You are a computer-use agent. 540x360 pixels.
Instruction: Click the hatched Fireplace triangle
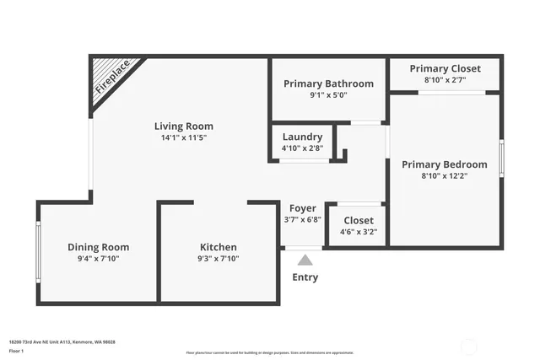(x=108, y=78)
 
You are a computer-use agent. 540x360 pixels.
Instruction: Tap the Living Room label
(x=183, y=126)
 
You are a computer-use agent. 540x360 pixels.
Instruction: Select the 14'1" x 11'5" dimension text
(x=183, y=138)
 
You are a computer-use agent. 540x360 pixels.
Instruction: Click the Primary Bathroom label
(x=328, y=83)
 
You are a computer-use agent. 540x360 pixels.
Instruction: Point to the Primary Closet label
(x=445, y=68)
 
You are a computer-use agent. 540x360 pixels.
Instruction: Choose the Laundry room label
(x=302, y=137)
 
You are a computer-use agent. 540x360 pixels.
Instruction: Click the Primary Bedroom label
(x=444, y=164)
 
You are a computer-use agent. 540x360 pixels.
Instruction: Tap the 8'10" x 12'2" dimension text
(x=444, y=176)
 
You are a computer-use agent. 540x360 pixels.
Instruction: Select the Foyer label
(x=303, y=208)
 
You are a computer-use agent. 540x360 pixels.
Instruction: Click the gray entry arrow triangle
(x=305, y=260)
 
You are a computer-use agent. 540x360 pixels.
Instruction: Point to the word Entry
(x=305, y=277)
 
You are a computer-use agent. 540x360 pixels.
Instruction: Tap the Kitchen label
(x=218, y=247)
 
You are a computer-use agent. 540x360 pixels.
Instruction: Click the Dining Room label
(x=99, y=247)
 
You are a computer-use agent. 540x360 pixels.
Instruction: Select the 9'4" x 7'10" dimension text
(x=99, y=259)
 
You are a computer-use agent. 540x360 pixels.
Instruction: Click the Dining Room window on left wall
(x=38, y=251)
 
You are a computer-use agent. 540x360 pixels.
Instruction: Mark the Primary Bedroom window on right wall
(x=501, y=159)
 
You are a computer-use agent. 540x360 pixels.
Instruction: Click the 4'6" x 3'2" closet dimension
(x=358, y=232)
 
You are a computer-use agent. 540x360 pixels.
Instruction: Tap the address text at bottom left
(x=62, y=341)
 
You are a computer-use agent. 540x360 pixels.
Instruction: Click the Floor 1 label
(x=16, y=350)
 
